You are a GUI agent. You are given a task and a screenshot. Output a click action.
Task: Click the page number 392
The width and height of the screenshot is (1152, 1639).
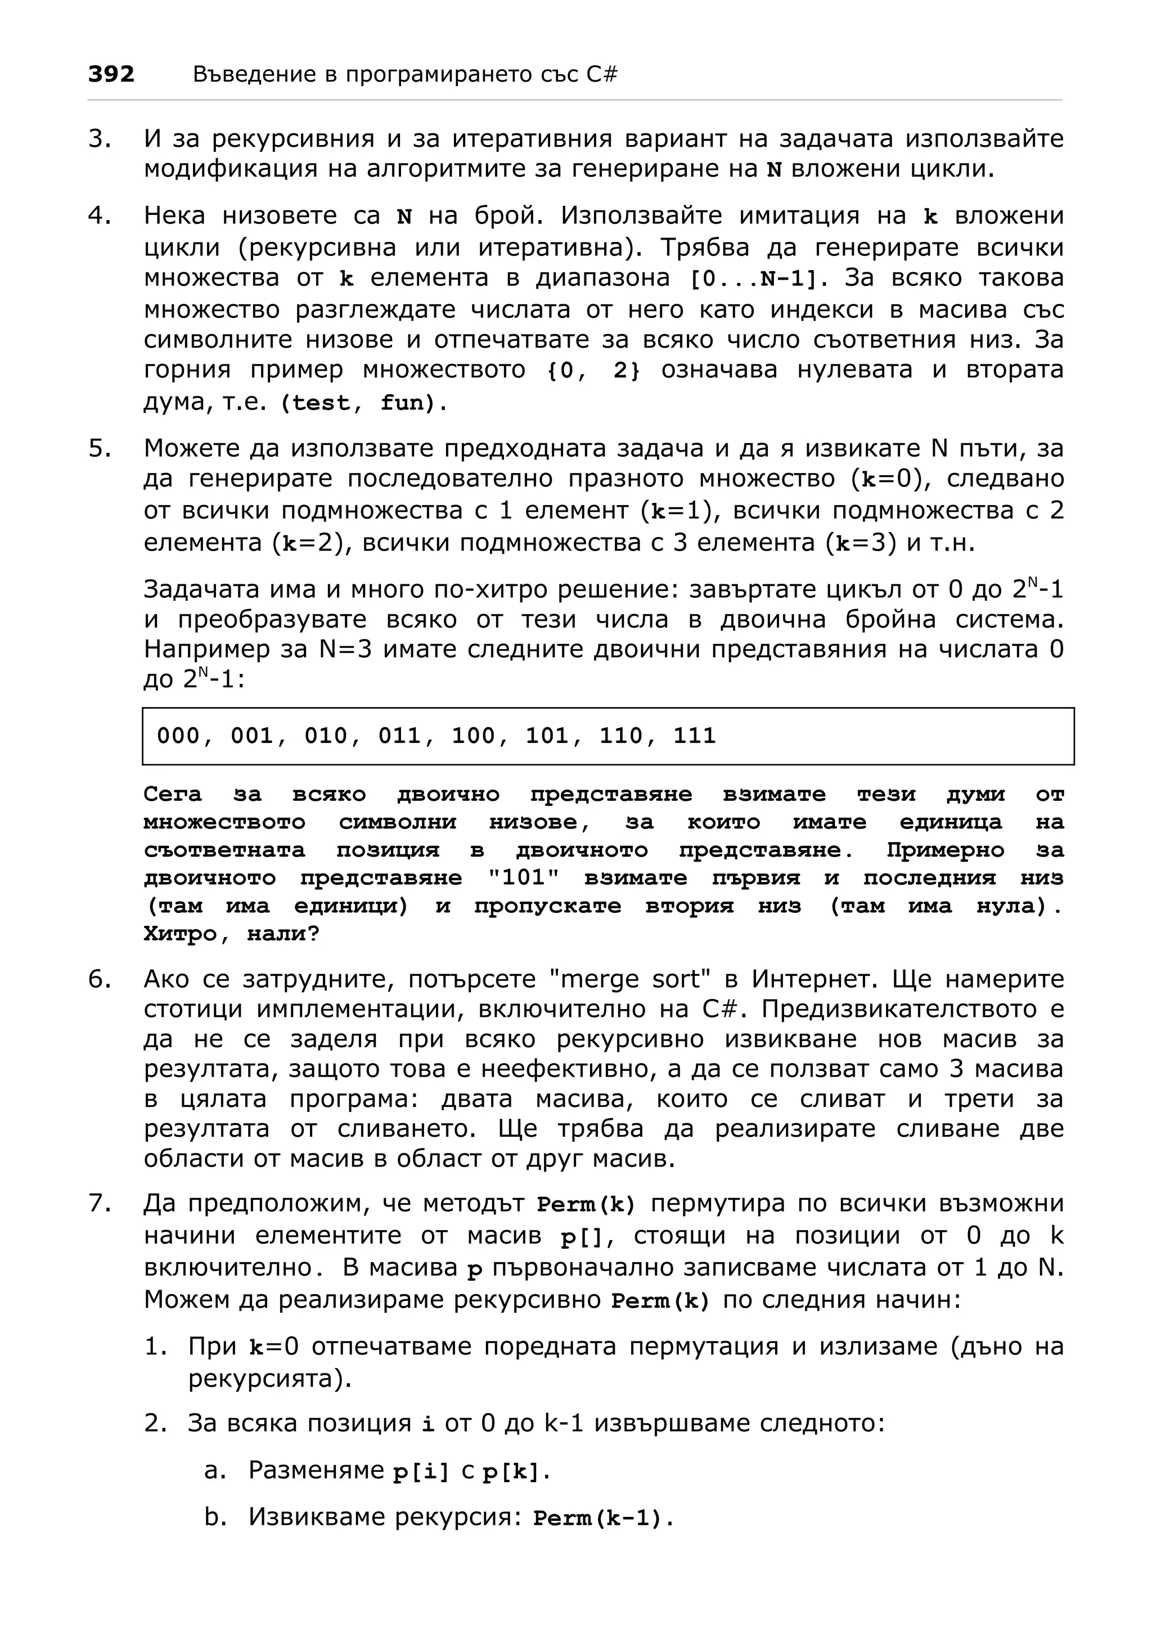[111, 74]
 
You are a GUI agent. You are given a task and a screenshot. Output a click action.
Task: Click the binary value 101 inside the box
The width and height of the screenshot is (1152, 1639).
[547, 736]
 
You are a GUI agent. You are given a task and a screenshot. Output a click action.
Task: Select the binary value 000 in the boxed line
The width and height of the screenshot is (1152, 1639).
[178, 736]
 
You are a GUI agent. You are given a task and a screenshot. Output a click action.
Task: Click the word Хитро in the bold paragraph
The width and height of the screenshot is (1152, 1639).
[180, 934]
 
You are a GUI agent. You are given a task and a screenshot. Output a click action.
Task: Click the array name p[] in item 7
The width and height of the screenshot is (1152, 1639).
[581, 1237]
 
